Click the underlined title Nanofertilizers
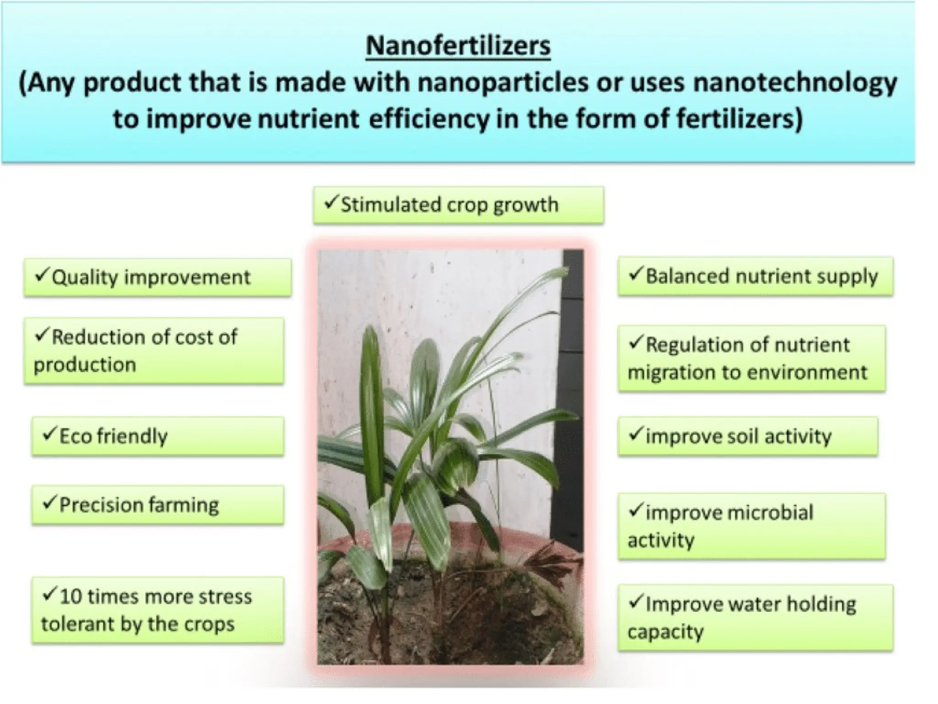tap(458, 46)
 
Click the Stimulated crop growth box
tap(458, 205)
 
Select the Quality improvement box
tap(158, 277)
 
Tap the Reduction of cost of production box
tap(154, 351)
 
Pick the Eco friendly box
tap(158, 436)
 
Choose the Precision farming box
tap(158, 505)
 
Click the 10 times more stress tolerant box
tap(158, 610)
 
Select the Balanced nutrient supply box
tap(755, 276)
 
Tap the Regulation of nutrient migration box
tap(751, 358)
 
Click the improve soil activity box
tap(747, 436)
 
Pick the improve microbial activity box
tap(751, 526)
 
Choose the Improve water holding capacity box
tap(755, 617)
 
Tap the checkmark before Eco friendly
tap(49, 434)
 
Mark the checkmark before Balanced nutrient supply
tap(635, 274)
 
